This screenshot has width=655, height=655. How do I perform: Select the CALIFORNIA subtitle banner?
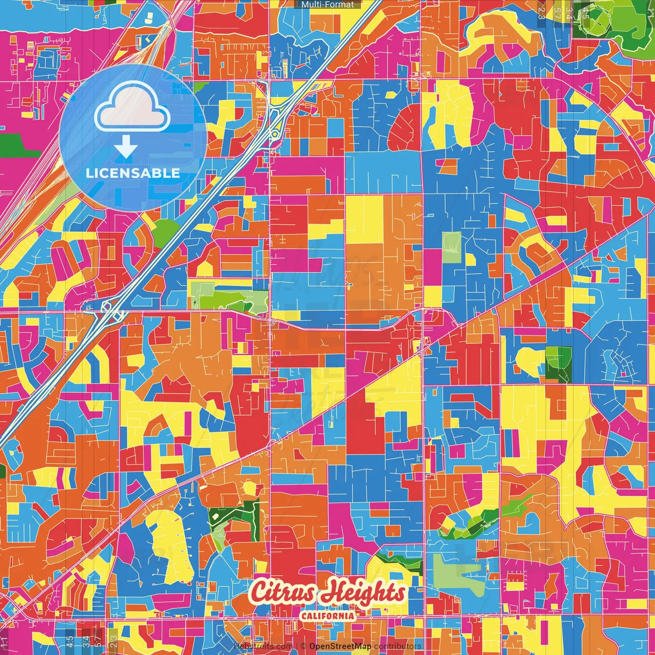[327, 615]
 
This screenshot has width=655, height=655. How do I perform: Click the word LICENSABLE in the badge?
[133, 173]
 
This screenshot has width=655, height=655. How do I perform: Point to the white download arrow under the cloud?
[125, 148]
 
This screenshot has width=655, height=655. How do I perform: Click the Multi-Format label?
[327, 5]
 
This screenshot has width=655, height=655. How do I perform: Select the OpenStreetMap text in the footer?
[340, 646]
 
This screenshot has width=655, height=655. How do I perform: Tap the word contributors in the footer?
[398, 646]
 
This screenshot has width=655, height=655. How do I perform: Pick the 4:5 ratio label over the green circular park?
[585, 11]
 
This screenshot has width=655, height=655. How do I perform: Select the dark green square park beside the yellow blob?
[557, 364]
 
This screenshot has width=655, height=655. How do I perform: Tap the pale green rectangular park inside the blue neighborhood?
[451, 247]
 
